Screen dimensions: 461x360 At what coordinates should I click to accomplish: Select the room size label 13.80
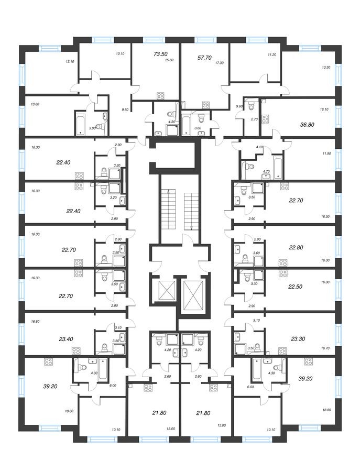pos(36,104)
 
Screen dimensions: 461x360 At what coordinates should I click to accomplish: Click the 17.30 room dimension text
pos(220,62)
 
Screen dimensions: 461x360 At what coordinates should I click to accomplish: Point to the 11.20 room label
pos(271,54)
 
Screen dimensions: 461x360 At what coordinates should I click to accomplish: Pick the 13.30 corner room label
pos(326,67)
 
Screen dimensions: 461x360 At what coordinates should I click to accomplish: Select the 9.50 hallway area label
pos(125,109)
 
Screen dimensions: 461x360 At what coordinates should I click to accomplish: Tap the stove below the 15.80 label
pos(160,95)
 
